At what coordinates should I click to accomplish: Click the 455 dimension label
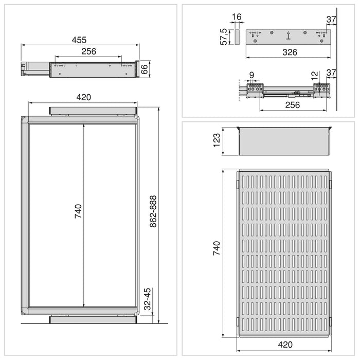point(79,40)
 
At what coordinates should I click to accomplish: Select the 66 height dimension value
point(145,69)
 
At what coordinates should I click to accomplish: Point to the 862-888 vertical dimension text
point(153,212)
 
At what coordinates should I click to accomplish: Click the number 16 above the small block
point(237,17)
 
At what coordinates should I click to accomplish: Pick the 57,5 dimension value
point(224,37)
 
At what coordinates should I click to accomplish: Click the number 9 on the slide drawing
point(251,76)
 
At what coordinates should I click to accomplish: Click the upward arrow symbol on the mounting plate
point(289,35)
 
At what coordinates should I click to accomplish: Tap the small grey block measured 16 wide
point(237,37)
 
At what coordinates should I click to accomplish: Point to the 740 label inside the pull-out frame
point(78,211)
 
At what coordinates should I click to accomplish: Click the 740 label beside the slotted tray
point(217,248)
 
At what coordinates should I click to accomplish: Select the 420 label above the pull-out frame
point(83,97)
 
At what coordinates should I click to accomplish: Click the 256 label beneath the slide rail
point(292,105)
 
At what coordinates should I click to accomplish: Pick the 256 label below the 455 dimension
point(88,51)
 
